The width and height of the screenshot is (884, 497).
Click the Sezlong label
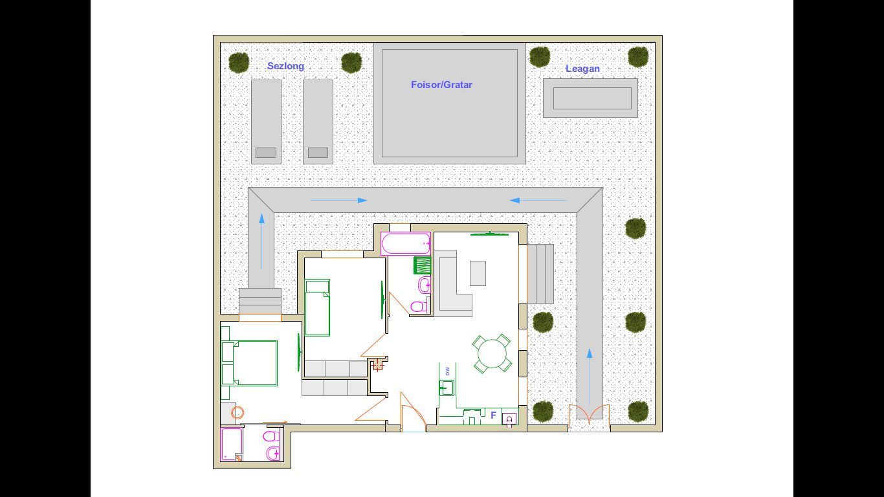tap(285, 66)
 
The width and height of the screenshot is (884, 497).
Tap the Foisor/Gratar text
tap(441, 85)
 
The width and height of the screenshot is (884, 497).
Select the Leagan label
tap(582, 69)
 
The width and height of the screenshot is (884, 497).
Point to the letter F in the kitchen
tap(493, 415)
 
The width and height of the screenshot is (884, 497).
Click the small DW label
tap(447, 371)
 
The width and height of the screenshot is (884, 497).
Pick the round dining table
tap(492, 354)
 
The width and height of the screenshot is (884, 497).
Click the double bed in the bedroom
tap(250, 363)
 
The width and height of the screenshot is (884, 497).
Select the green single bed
tap(317, 307)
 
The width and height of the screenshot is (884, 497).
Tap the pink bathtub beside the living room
tap(406, 245)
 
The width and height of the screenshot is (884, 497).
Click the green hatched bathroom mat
tap(422, 265)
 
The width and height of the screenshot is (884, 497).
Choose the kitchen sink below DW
tap(447, 388)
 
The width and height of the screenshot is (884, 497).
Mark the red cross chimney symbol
tap(378, 366)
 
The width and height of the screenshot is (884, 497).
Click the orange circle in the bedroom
tap(238, 412)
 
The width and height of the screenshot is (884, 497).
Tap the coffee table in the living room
tap(478, 273)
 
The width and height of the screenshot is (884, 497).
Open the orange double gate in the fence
tap(589, 414)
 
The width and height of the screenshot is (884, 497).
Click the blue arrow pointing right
tap(339, 201)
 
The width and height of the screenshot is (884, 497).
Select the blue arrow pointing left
tap(537, 201)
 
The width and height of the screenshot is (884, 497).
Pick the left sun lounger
tap(266, 121)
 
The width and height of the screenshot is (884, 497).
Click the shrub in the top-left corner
tap(239, 63)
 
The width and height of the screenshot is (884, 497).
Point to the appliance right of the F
tap(509, 419)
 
